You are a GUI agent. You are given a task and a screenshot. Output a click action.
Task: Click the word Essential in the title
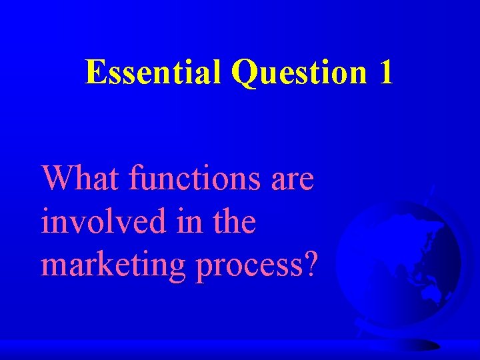point(153,72)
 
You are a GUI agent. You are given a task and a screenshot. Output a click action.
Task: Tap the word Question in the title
point(299,73)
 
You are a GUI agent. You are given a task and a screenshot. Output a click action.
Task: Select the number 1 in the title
point(385,72)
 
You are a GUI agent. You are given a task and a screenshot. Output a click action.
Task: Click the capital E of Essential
point(95,72)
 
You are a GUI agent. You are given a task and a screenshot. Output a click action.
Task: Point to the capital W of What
point(57,179)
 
